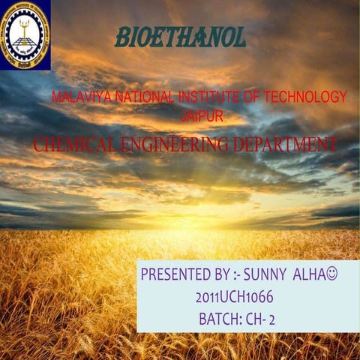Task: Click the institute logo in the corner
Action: tap(25, 34)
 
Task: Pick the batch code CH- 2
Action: tap(263, 319)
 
